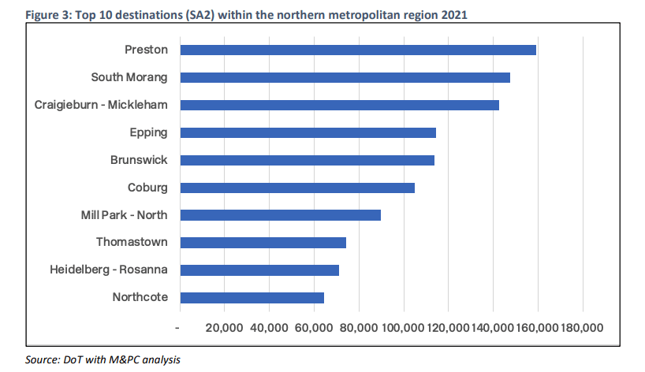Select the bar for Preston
(x=358, y=50)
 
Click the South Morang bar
(x=345, y=77)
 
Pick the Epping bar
(x=308, y=132)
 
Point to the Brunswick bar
(x=307, y=160)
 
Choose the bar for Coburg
(x=297, y=188)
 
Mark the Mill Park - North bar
(x=280, y=215)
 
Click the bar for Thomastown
(x=263, y=242)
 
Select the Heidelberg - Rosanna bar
(x=259, y=270)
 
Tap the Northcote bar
(x=252, y=297)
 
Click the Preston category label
(x=146, y=50)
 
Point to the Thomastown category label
(x=132, y=242)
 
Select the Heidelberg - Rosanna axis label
(x=109, y=270)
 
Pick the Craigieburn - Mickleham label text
(x=102, y=105)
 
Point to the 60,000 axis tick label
(x=314, y=327)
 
